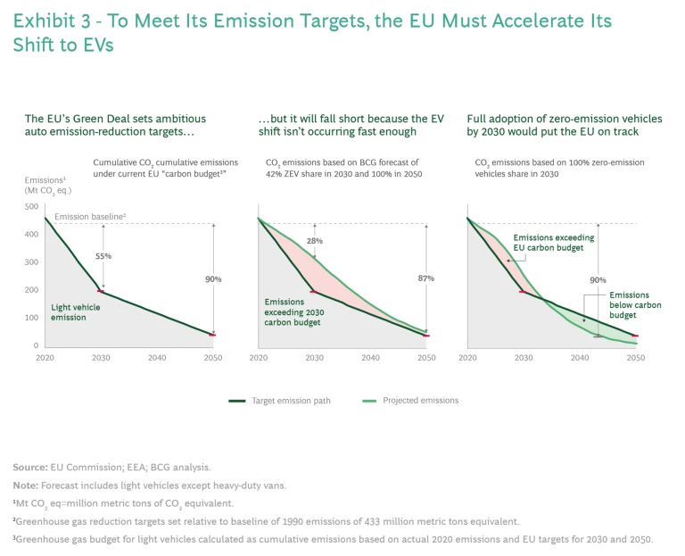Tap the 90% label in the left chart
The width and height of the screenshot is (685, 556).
(x=212, y=278)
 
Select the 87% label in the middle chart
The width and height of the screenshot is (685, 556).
(x=425, y=278)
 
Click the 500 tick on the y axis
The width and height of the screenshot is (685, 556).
(x=30, y=207)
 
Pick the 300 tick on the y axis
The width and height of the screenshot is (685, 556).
(x=30, y=262)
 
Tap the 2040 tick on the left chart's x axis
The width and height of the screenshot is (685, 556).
(x=157, y=357)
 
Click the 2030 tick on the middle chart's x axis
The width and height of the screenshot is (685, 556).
(x=314, y=357)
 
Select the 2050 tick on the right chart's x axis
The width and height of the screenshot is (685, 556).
(x=635, y=357)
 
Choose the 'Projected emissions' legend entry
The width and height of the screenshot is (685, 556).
(x=420, y=401)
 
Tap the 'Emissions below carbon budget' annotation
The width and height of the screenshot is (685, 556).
(x=634, y=305)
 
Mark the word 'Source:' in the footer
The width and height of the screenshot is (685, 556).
(x=29, y=467)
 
